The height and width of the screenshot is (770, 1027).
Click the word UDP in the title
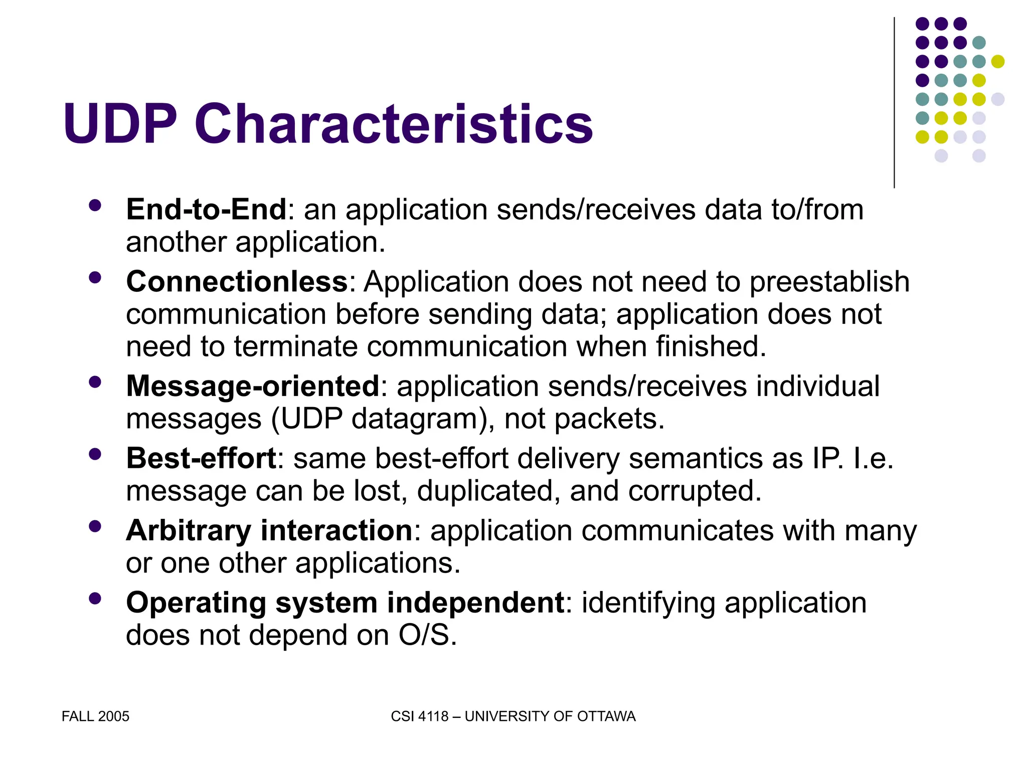(120, 124)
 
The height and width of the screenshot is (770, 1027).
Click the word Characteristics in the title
(394, 124)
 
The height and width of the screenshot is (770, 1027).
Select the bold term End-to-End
(206, 210)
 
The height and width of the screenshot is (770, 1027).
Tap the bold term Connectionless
(237, 282)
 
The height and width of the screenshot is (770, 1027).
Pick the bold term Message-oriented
(253, 387)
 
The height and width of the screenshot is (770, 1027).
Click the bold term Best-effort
(201, 458)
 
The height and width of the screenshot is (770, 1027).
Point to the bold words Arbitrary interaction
(269, 530)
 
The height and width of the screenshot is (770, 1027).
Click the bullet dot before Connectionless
(95, 278)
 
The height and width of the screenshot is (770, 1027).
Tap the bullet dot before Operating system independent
(95, 599)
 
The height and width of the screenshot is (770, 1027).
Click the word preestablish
(829, 282)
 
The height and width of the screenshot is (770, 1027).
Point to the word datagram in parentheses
(414, 419)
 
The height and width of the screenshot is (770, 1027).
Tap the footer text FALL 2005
(95, 716)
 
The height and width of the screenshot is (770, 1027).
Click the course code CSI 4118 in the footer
(419, 716)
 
